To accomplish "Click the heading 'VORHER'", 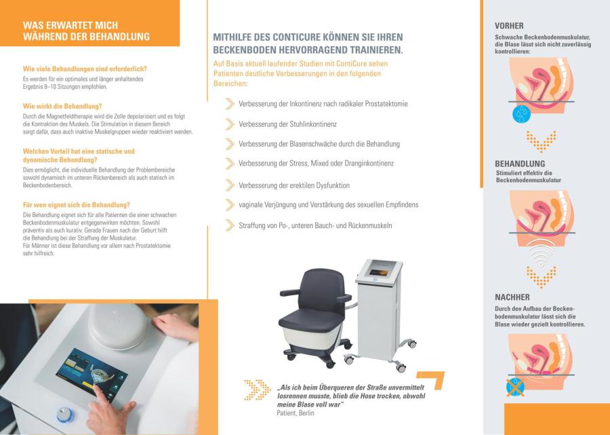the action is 509,26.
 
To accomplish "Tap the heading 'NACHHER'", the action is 512,297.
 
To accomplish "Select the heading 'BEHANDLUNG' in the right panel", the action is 520,164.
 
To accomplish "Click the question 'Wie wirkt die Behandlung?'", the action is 62,107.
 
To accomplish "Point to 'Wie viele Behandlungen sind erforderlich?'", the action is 85,69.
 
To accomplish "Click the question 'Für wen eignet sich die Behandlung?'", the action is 76,205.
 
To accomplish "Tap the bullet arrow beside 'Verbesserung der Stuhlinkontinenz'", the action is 230,124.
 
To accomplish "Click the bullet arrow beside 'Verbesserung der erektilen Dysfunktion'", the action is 230,185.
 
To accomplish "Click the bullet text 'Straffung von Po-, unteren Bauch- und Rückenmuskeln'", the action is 315,225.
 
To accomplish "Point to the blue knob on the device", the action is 65,415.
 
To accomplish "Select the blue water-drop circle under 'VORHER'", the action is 521,114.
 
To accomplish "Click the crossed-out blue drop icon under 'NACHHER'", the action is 515,387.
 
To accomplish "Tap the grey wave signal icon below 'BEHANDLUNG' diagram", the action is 541,251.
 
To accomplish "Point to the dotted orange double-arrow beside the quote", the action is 257,390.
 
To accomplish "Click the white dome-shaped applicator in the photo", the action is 117,326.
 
